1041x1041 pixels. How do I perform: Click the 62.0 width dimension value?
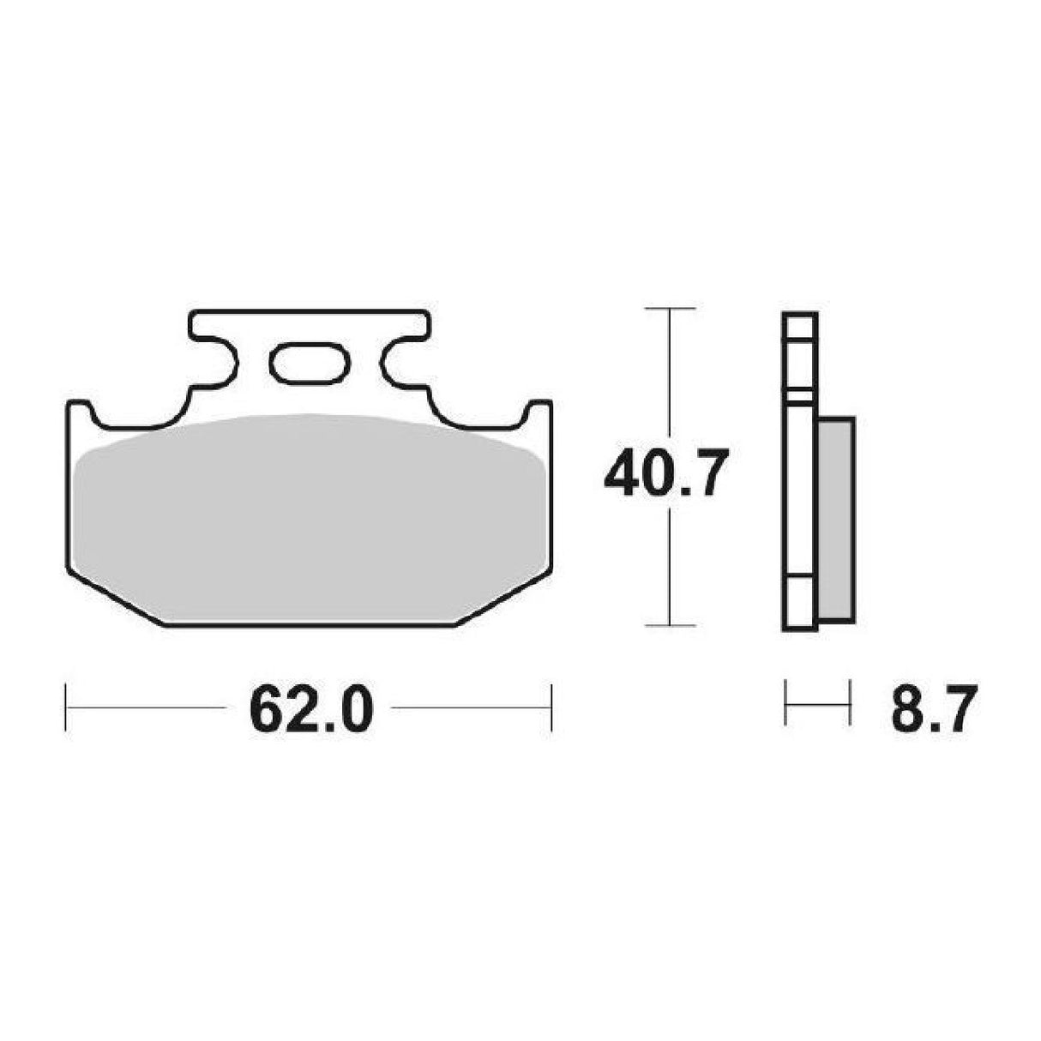tap(310, 707)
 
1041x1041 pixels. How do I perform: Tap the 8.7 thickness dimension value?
tap(934, 708)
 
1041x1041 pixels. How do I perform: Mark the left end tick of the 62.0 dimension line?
tap(66, 707)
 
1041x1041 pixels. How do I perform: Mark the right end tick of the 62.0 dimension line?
tap(551, 707)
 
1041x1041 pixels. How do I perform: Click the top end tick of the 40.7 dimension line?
tap(669, 308)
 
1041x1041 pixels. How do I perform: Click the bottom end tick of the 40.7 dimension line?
tap(669, 626)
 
